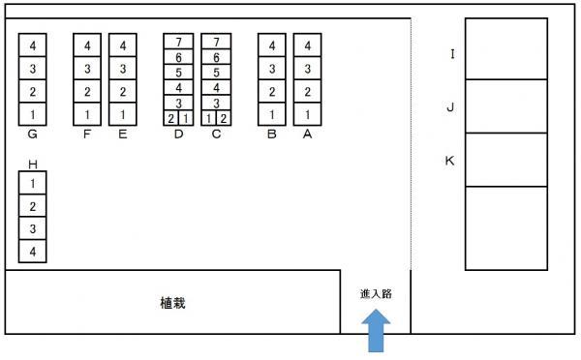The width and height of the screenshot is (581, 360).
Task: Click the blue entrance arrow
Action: coord(376,332)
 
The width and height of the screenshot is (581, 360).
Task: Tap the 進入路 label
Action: coord(376,294)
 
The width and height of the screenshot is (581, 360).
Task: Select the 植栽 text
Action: coord(172,303)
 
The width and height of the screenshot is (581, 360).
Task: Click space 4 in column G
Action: coord(33,45)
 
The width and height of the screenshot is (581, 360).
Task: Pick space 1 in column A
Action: coord(308,114)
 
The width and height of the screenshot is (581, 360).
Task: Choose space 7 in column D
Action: coord(178,42)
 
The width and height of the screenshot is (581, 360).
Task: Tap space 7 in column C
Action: coord(216,42)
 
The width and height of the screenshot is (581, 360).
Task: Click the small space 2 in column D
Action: coord(170,118)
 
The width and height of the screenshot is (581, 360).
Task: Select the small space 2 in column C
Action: coord(224,118)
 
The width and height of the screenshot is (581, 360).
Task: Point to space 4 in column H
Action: coord(33,252)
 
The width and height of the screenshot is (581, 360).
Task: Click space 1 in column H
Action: coord(33,183)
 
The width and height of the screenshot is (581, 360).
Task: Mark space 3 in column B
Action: coord(272,69)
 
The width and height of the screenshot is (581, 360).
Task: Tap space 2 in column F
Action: coord(87,92)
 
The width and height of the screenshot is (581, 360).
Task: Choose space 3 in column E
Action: coord(123,69)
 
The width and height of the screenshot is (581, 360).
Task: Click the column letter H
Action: coord(33,165)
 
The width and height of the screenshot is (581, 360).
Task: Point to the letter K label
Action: coord(449,161)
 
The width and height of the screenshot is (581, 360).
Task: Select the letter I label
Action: coord(452,54)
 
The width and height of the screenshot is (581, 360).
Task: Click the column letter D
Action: coord(178,135)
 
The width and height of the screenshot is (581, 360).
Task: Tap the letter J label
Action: coord(450,107)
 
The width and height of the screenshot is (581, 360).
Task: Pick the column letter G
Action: coord(33,135)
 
